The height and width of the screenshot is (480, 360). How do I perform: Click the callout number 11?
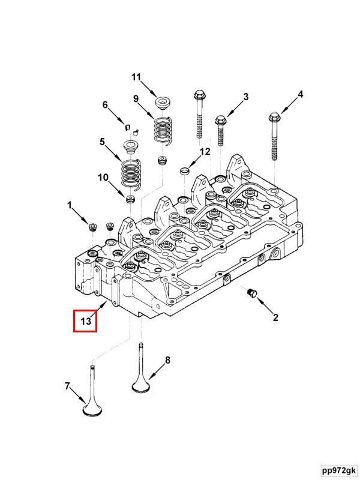(136, 77)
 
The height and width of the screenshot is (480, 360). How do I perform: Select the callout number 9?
(136, 98)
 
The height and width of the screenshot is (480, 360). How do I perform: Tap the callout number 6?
(105, 104)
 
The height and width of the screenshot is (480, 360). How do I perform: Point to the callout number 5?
(102, 142)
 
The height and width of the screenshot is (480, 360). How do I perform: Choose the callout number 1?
(70, 206)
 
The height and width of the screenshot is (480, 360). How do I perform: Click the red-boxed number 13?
(85, 321)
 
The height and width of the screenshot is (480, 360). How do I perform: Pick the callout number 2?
(275, 317)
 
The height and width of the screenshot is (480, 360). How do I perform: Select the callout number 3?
(245, 97)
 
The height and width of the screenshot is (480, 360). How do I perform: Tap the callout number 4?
(301, 94)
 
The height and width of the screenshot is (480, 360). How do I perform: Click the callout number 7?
(67, 386)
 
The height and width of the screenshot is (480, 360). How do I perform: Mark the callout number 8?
(167, 360)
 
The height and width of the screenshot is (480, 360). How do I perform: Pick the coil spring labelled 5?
(130, 173)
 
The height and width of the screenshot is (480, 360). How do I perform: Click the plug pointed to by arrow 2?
(252, 293)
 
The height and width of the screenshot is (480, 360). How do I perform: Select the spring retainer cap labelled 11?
(162, 103)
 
